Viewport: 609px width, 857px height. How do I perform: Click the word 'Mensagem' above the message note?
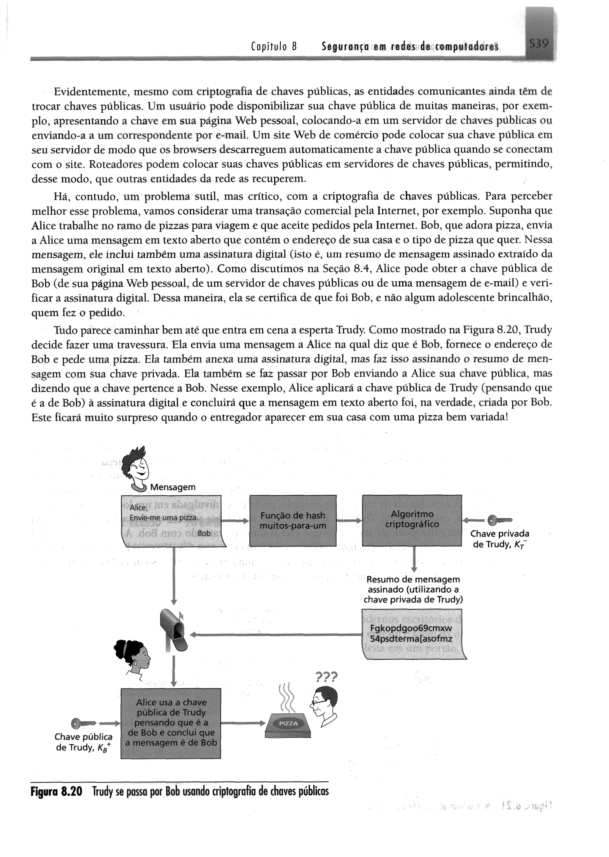click(173, 487)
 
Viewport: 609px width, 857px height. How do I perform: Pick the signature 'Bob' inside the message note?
click(204, 533)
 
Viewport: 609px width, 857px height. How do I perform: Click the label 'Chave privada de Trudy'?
click(500, 539)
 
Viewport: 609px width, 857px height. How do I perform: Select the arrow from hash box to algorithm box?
click(349, 521)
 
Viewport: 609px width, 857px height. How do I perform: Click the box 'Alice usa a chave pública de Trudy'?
click(171, 723)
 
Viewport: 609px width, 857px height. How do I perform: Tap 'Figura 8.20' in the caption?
click(56, 792)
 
